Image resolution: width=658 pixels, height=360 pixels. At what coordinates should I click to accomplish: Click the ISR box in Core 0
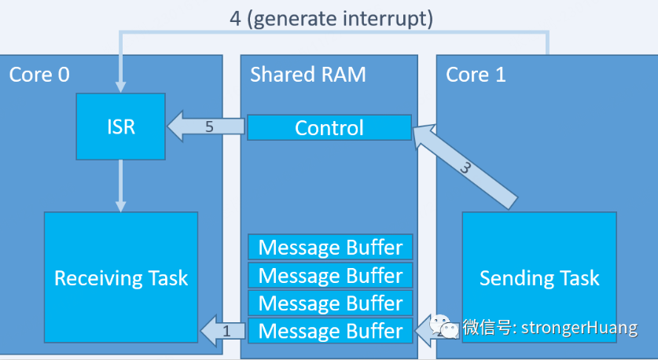click(119, 126)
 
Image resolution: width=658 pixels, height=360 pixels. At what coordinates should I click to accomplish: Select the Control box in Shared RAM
click(329, 127)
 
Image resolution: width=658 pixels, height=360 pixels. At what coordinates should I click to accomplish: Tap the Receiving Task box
click(121, 277)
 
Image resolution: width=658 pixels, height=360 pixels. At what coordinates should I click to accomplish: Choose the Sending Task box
click(539, 277)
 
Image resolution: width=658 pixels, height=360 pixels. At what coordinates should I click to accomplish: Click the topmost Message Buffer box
click(329, 248)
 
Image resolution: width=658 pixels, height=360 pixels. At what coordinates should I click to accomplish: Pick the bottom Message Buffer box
click(329, 331)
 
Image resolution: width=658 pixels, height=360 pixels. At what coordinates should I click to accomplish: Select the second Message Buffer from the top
click(329, 275)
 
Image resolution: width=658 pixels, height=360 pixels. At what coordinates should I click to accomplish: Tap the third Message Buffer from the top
click(329, 303)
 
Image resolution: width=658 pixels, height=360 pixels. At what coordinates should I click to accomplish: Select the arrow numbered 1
click(223, 331)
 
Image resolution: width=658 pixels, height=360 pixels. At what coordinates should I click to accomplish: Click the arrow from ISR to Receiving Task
click(119, 186)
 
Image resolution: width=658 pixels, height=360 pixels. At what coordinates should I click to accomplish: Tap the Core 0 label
click(39, 75)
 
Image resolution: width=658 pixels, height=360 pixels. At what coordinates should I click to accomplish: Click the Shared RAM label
click(307, 75)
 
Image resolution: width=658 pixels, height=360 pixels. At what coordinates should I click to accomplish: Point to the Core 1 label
click(476, 75)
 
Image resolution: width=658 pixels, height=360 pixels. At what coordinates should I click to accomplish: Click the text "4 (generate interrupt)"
click(331, 18)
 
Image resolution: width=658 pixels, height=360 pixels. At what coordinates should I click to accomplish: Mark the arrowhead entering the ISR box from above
click(119, 86)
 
